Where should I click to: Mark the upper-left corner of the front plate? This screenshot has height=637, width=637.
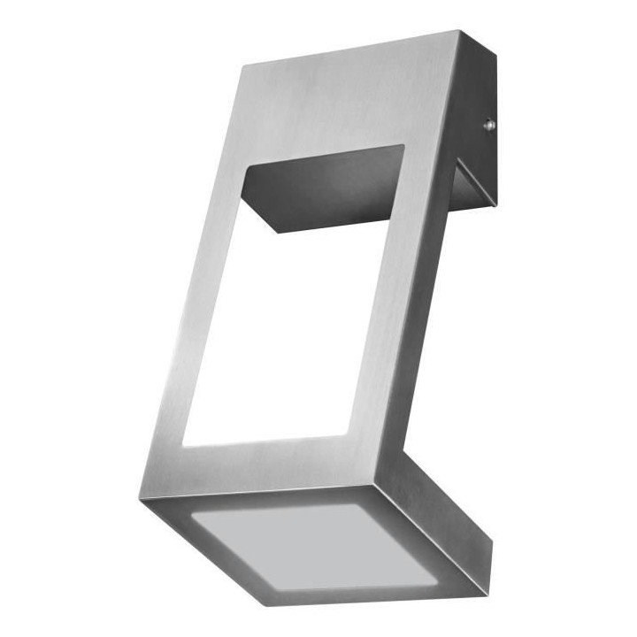point(242,65)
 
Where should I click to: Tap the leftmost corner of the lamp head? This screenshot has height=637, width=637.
point(142,495)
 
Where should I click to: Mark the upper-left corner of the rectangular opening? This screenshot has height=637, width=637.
point(243,169)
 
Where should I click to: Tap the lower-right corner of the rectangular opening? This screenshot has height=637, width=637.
point(347,434)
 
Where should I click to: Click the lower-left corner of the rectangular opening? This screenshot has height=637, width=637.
point(183,445)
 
